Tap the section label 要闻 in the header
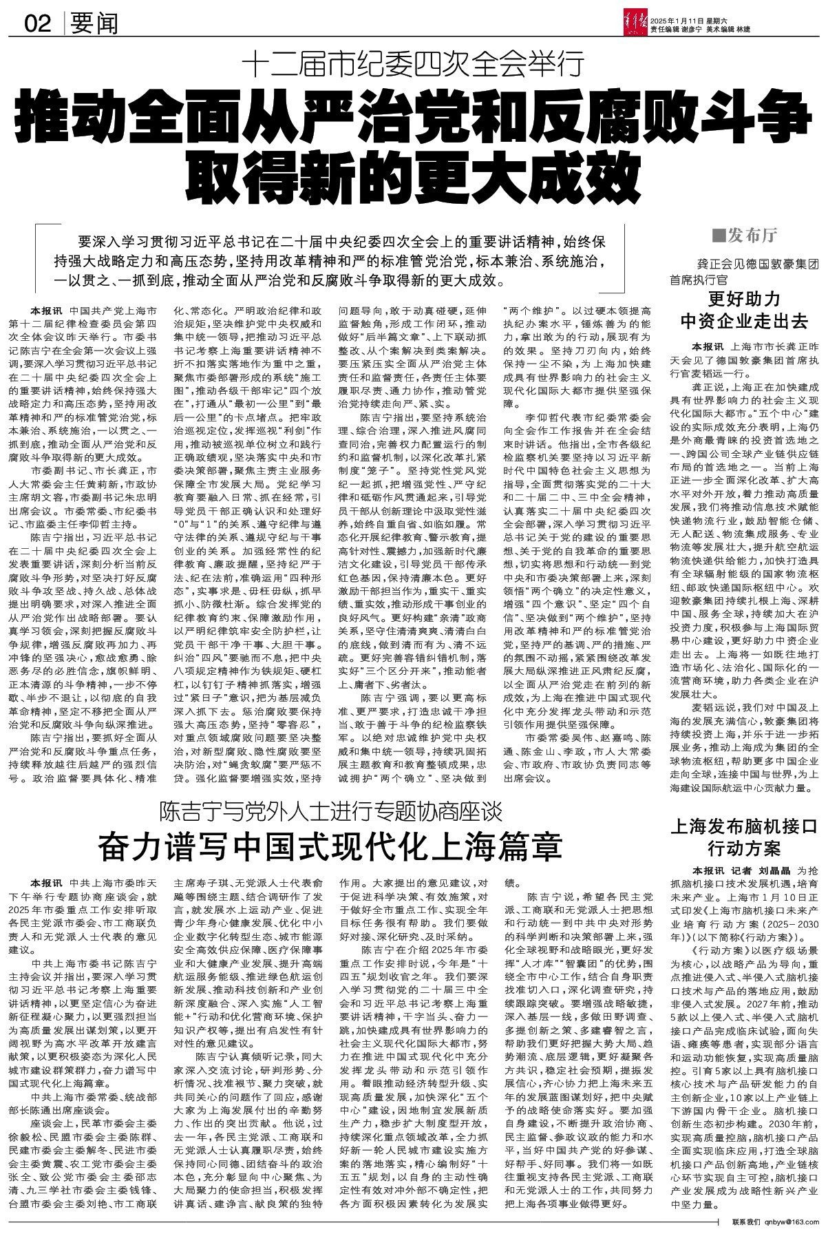tap(94, 24)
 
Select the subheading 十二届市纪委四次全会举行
tap(412, 66)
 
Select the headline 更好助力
tap(745, 299)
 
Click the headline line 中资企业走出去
tap(745, 320)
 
